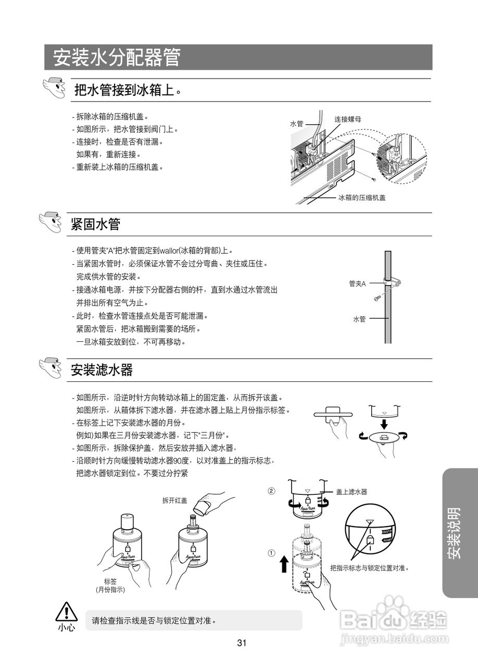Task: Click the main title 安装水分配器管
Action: (x=117, y=58)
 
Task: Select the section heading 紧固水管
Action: (x=96, y=224)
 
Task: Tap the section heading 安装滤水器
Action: (x=102, y=370)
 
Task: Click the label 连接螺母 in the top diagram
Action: (x=347, y=119)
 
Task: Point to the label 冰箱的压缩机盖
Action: (x=362, y=198)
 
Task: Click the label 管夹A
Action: (x=357, y=284)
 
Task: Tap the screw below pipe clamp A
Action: (x=378, y=298)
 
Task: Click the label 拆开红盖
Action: (x=174, y=501)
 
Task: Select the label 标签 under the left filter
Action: (x=110, y=581)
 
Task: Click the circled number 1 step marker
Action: (x=271, y=553)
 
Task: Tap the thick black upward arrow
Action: (x=284, y=563)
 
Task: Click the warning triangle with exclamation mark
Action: (x=67, y=612)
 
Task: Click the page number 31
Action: (x=242, y=643)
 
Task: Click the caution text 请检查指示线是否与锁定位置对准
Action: (x=154, y=620)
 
